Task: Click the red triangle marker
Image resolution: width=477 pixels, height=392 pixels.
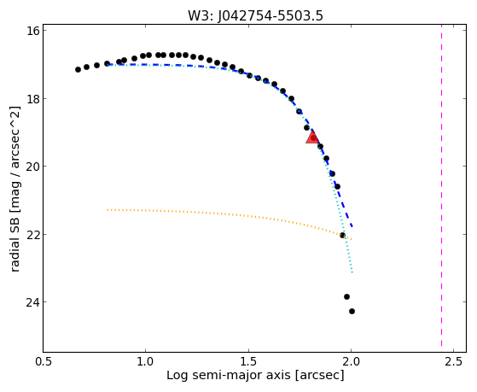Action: coord(312,137)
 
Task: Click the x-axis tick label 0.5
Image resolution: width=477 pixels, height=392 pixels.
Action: coord(44,362)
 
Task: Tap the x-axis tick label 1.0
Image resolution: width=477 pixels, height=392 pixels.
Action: coord(146,362)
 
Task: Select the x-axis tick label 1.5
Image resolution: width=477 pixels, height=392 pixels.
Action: coord(248,362)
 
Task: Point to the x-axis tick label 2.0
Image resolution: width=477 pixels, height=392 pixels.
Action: coord(352,362)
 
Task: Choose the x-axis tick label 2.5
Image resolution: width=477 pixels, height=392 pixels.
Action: coord(454,362)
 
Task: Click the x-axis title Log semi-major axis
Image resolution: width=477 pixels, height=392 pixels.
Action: coord(229,375)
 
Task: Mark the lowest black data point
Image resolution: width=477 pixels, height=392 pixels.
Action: coord(352,311)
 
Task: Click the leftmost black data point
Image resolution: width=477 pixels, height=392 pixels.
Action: coord(78,69)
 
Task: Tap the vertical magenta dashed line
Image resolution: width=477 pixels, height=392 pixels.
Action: coord(441,188)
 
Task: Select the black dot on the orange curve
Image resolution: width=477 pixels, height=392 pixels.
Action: coord(342,235)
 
